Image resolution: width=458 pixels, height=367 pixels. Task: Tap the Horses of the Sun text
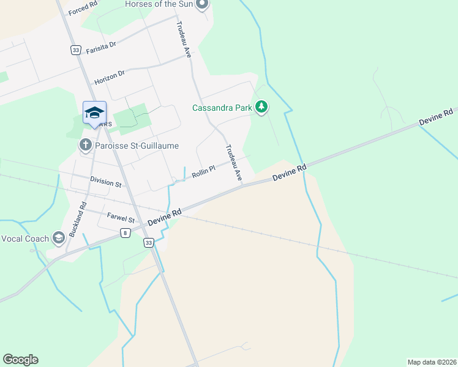pos(158,4)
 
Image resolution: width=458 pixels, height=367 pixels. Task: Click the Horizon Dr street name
pos(109,76)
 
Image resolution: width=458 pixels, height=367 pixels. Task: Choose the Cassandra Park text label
pos(222,108)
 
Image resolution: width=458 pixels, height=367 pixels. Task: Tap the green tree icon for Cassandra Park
pos(262,108)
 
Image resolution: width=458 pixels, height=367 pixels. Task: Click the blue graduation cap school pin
pos(94,113)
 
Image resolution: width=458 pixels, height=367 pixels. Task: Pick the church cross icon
pos(85,145)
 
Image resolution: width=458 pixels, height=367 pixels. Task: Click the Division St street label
pos(106,182)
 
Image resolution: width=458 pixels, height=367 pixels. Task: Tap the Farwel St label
pos(121,217)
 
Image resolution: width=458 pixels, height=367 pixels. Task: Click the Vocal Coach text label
pos(26,239)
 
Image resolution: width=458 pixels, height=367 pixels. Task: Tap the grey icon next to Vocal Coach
pos(59,238)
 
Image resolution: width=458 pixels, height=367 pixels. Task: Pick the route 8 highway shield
pos(125,232)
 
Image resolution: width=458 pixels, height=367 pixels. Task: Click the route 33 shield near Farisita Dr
pos(76,50)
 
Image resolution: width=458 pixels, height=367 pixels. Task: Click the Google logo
pos(20,360)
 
